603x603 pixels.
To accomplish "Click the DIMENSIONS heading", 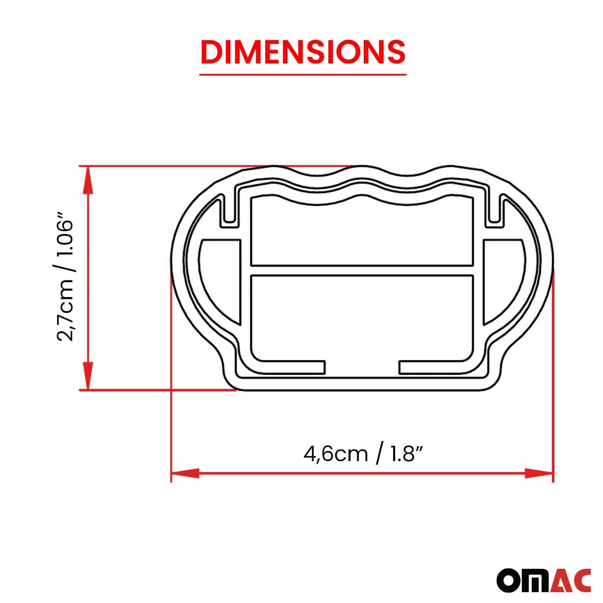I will (303, 52).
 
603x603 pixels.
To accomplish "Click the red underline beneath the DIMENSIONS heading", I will (303, 75).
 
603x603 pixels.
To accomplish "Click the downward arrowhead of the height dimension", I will (88, 376).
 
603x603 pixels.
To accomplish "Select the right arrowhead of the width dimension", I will (539, 473).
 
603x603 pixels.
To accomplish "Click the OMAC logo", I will (543, 580).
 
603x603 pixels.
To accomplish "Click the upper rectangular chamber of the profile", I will (362, 234).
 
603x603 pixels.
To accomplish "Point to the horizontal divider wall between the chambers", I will (362, 270).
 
